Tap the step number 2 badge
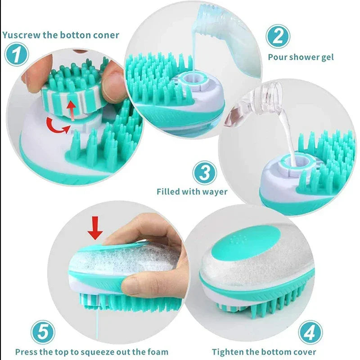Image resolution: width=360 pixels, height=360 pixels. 278,36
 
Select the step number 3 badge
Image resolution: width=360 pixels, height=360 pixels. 205,172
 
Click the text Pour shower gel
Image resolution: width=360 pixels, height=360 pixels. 301,57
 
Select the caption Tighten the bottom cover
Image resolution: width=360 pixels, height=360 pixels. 264,352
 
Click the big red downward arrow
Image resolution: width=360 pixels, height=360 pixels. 95,226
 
